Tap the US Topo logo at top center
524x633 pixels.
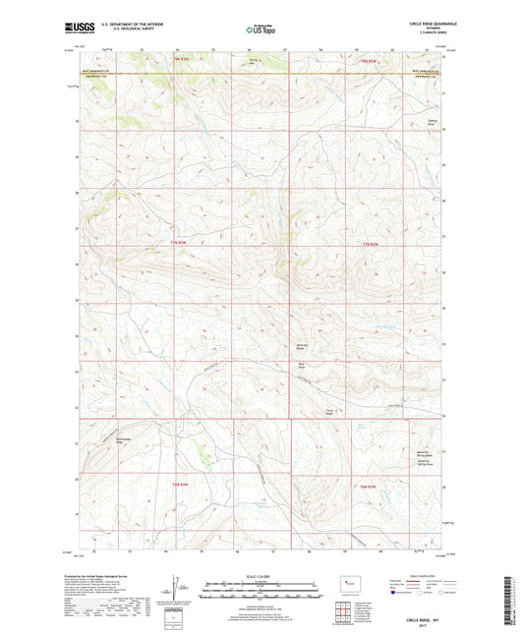(260, 30)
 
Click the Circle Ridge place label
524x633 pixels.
(328, 413)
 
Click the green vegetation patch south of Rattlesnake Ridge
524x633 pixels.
(204, 454)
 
